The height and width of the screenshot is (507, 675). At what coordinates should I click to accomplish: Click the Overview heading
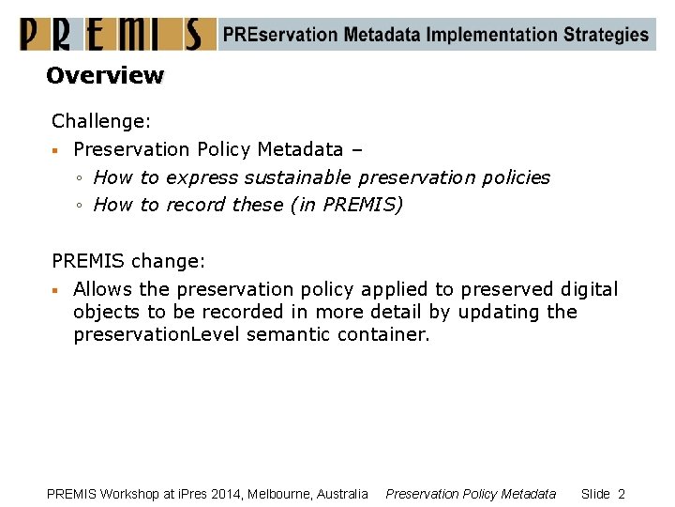[x=105, y=75]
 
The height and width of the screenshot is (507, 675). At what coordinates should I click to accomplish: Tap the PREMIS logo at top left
[x=112, y=35]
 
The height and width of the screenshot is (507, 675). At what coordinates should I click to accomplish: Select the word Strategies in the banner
[x=606, y=36]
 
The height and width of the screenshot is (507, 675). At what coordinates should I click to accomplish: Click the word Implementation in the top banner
[x=492, y=36]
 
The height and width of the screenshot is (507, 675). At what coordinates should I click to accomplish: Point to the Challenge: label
[x=101, y=121]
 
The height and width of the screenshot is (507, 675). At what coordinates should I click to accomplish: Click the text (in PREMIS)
[x=348, y=205]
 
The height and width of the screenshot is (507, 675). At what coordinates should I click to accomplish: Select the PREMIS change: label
[x=127, y=261]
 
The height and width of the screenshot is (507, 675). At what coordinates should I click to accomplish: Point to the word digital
[x=588, y=289]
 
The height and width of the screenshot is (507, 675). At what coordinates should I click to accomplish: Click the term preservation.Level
[x=157, y=334]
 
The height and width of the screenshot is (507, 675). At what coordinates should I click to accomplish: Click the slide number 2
[x=621, y=494]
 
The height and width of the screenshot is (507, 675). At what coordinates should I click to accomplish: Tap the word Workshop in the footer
[x=130, y=494]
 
